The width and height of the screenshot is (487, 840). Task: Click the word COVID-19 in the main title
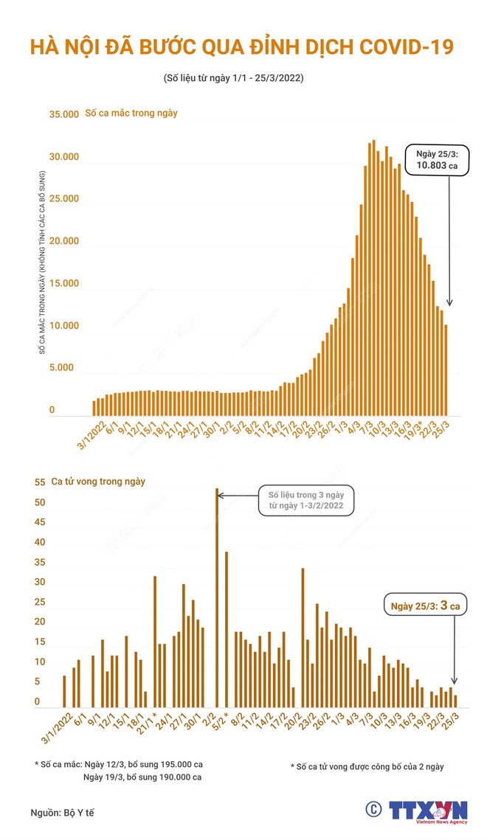[398, 48]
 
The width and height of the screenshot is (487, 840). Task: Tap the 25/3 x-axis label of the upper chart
[443, 429]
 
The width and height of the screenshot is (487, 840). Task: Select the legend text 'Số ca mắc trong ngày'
[131, 114]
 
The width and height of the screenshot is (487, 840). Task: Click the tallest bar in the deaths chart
[216, 597]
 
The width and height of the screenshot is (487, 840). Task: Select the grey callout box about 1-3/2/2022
[305, 499]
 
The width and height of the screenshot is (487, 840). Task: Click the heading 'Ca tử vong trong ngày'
[98, 482]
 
